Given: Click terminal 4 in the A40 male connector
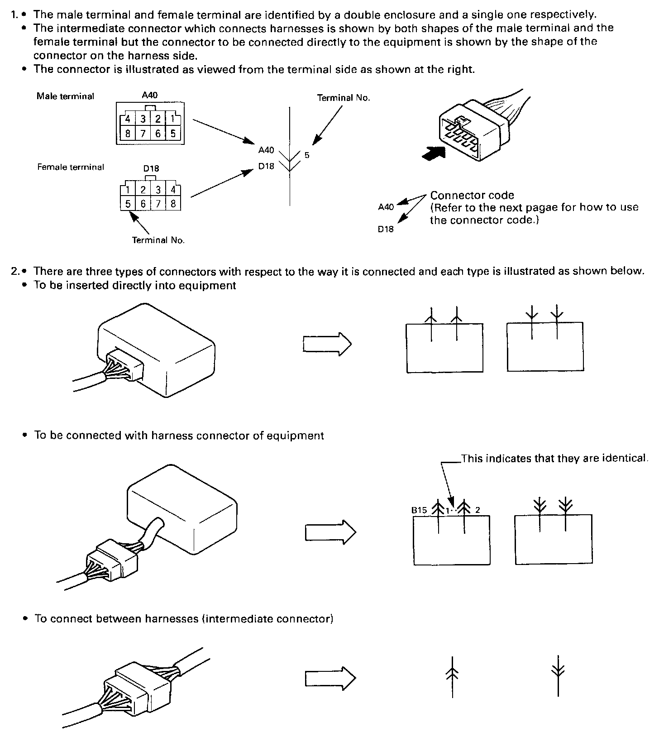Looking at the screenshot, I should [128, 119].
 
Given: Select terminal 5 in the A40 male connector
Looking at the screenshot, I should [173, 134].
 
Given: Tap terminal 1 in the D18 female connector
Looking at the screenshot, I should [129, 190].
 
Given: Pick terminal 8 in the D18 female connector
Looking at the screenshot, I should [173, 204].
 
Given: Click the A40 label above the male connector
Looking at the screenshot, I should [150, 95].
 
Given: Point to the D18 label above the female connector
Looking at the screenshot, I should [151, 168].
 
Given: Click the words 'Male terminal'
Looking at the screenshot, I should [65, 96].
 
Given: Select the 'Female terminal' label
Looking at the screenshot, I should [71, 167].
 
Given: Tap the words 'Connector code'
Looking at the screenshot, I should [472, 196].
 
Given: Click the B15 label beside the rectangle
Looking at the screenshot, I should [419, 510].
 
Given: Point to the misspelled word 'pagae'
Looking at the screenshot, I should [541, 207].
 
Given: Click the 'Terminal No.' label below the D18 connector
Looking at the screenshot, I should [158, 240].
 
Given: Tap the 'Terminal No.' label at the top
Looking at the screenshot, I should [344, 98].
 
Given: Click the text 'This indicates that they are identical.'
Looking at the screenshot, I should [555, 458].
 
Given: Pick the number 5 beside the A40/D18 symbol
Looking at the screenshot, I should [307, 155].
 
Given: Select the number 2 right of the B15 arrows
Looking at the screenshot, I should [478, 510].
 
